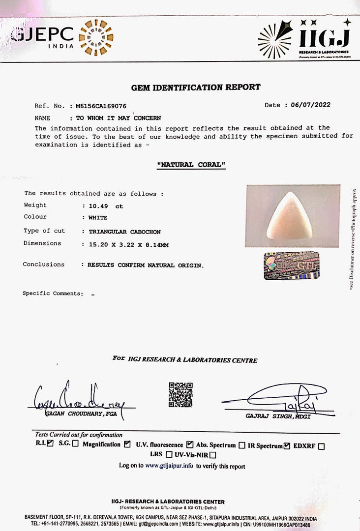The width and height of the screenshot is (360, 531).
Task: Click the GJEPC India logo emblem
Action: [x=96, y=37]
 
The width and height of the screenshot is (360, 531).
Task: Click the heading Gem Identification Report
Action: [x=196, y=88]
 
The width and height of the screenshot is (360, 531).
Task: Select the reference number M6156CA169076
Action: [x=101, y=106]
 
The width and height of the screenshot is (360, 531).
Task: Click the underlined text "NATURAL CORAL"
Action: [x=191, y=165]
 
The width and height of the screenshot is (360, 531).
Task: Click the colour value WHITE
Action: [x=98, y=217]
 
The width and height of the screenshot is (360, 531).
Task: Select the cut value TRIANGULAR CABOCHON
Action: [x=124, y=232]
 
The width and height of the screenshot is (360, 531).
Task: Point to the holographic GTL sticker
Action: [x=291, y=265]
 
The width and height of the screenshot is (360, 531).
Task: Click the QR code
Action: [x=180, y=394]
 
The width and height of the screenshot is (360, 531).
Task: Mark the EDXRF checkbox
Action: [x=321, y=446]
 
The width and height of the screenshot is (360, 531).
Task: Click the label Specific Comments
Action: [x=53, y=294]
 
